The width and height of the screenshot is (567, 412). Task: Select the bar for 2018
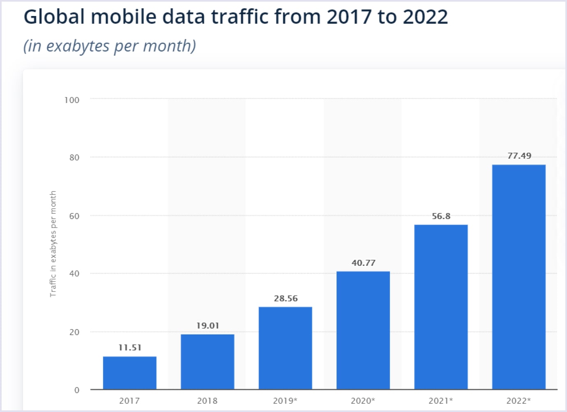click(x=207, y=362)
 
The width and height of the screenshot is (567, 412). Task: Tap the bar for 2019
click(x=285, y=348)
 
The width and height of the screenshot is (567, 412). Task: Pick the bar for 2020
click(x=363, y=330)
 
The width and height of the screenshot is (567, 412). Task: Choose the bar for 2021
click(x=441, y=307)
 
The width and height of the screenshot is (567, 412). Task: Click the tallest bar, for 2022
click(x=519, y=277)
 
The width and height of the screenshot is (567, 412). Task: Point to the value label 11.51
click(x=130, y=348)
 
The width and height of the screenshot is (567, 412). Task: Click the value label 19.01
click(x=207, y=325)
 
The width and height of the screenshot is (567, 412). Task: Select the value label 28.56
click(x=286, y=298)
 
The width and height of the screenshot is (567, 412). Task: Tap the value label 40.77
click(x=363, y=263)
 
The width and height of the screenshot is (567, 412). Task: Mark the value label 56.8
click(x=441, y=216)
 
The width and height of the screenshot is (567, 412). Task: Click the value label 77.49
click(x=519, y=156)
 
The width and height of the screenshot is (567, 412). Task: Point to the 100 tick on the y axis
click(x=72, y=100)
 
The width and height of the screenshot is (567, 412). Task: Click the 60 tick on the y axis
click(x=74, y=216)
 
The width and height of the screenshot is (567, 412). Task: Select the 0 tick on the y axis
click(x=77, y=390)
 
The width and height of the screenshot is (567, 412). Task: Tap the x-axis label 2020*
click(x=363, y=401)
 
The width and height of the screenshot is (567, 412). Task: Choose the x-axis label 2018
click(x=207, y=401)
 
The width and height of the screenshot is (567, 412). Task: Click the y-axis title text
click(x=53, y=244)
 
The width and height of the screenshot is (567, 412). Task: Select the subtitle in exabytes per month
click(x=110, y=46)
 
